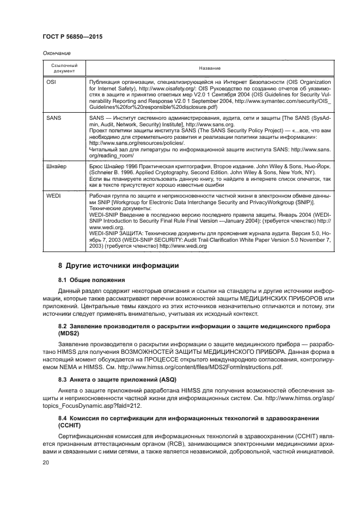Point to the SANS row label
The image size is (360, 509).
pos(54,118)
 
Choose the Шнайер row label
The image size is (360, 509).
pos(57,165)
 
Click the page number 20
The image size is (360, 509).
pos(46,463)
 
